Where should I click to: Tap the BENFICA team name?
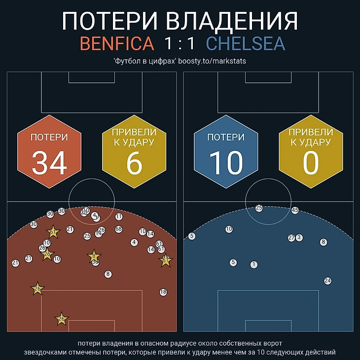coord(117,43)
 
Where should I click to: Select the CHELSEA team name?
coord(246,43)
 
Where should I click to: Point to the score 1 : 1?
coord(180,43)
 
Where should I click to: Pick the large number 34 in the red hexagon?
coord(49,163)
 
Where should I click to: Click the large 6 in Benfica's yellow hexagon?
coord(134,163)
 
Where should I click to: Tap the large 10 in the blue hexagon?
coord(226,163)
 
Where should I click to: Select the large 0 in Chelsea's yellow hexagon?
coord(311,163)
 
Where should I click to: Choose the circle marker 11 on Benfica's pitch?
coord(119,216)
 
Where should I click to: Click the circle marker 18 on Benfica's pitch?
coord(163,292)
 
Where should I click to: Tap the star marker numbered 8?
coord(93,256)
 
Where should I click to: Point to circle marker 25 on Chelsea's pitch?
coord(259,208)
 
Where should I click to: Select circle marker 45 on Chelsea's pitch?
coord(295,210)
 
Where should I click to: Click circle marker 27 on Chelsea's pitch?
coord(291,238)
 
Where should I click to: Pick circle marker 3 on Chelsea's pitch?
coord(299,238)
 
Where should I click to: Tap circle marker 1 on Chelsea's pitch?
coord(254,265)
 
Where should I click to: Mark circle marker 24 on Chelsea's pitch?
coord(327,281)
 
